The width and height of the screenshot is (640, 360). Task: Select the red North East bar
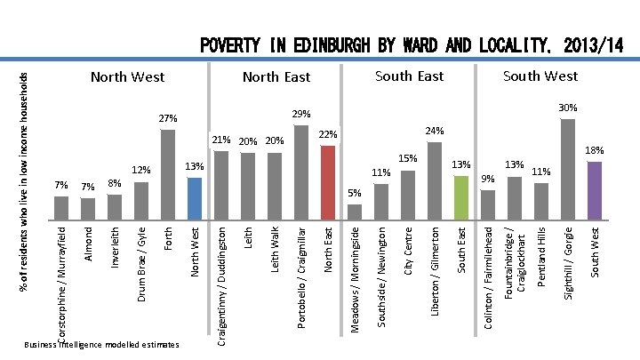(328, 181)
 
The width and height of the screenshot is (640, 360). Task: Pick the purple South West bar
(595, 188)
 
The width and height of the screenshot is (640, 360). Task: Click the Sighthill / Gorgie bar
(568, 168)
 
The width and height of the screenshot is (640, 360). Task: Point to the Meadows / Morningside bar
(355, 211)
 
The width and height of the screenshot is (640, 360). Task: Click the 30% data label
(568, 108)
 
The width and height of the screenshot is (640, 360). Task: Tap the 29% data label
(301, 114)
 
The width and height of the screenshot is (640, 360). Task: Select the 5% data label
(355, 193)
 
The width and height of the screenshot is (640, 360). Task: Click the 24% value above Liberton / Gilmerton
(435, 131)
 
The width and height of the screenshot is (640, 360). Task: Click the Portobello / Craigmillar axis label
(301, 277)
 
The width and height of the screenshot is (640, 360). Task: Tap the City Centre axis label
(408, 250)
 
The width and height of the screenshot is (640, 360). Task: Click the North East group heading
(276, 77)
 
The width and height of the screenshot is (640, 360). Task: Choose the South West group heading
(540, 76)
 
